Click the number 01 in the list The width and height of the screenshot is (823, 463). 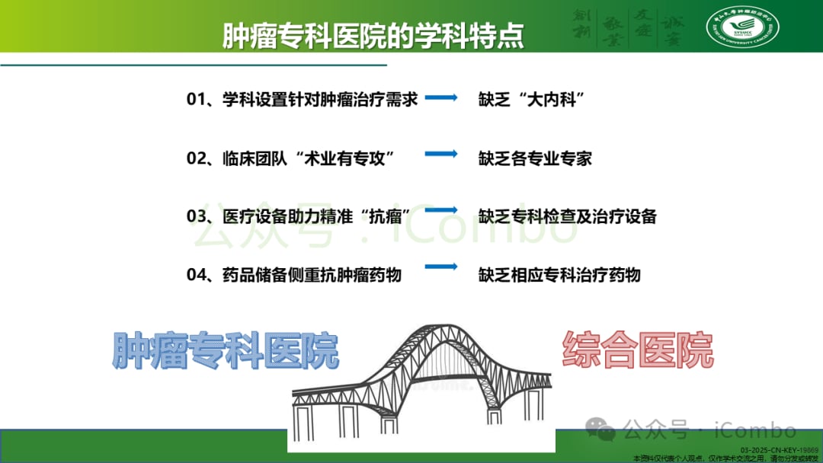point(196,99)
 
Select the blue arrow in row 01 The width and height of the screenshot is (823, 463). point(440,97)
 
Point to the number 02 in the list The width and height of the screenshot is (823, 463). point(196,158)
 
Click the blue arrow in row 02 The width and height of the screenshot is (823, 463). point(440,154)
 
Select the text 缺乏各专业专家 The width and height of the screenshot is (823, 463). point(535,158)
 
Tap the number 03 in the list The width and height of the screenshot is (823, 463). point(196,216)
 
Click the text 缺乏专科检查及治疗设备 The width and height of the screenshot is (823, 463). point(567,216)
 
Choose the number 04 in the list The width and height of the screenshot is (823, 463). point(196,275)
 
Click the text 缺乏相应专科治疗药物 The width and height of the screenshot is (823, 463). point(559,275)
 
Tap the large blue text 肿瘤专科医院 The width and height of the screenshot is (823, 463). point(226,351)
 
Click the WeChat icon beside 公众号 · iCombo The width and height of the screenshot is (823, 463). point(607,432)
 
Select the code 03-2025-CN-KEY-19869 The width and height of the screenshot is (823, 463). point(784,450)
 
